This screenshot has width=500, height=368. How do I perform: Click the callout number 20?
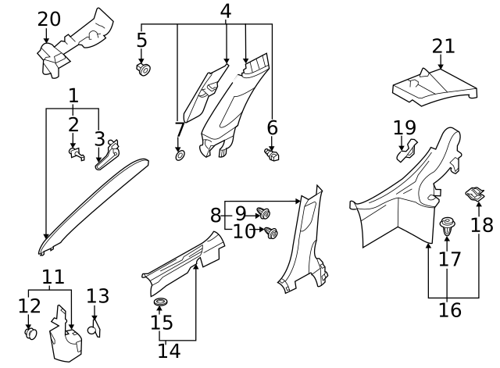(x=48, y=18)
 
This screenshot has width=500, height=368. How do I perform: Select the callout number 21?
(x=443, y=46)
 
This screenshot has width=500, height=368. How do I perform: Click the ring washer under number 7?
(x=179, y=155)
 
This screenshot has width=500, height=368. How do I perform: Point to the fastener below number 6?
(x=273, y=155)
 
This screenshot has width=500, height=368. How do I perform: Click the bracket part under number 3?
(x=108, y=152)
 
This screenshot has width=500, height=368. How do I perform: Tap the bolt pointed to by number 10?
(x=272, y=232)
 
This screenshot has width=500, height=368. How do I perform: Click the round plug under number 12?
(x=30, y=334)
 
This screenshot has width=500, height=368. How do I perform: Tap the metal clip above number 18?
(x=473, y=193)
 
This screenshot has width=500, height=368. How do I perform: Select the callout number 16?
(x=449, y=309)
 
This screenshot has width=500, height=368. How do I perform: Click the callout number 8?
(x=216, y=213)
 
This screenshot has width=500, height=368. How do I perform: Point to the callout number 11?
(x=52, y=277)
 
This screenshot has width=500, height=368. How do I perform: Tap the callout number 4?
(x=226, y=11)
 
